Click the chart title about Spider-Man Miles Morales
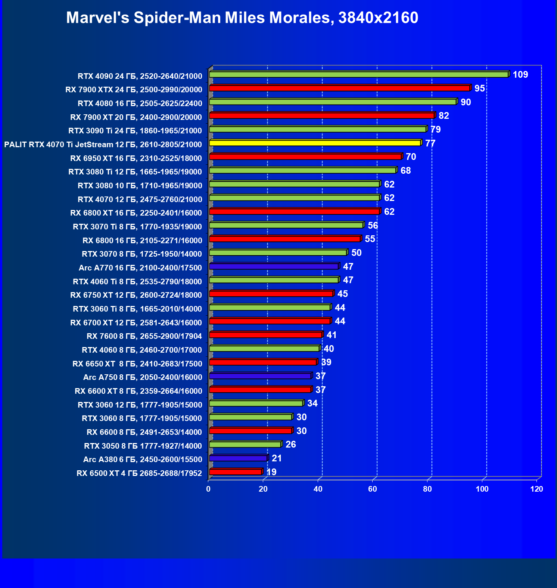tap(242, 18)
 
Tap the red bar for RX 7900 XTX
tap(339, 88)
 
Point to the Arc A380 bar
tap(238, 458)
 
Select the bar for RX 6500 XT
tap(235, 472)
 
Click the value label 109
tap(520, 75)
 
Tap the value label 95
tap(479, 89)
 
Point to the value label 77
tap(430, 143)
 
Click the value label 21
tap(277, 458)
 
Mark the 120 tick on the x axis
tap(536, 489)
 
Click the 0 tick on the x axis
tap(208, 489)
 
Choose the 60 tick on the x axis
tap(373, 489)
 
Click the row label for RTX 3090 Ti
tap(135, 131)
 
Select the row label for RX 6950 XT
tap(136, 158)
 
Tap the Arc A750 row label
tap(143, 377)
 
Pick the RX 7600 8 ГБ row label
tap(144, 336)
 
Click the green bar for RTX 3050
tap(245, 445)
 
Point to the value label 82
tap(444, 116)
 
